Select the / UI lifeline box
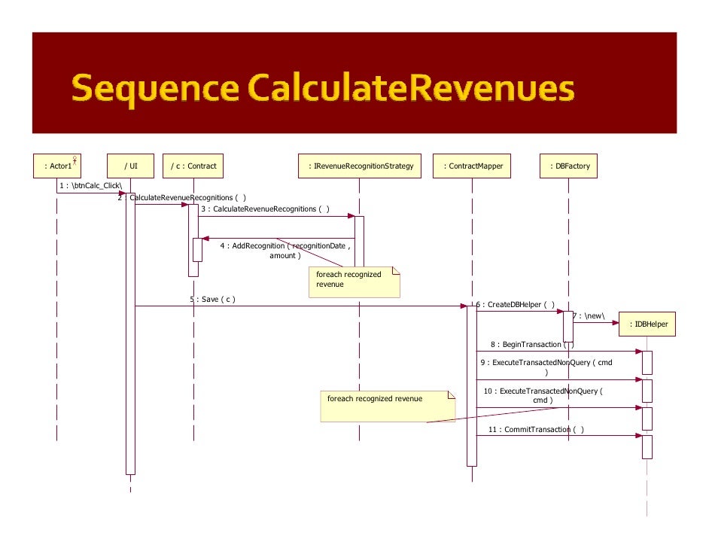pyautogui.click(x=130, y=166)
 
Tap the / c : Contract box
pyautogui.click(x=193, y=166)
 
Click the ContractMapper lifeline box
pyautogui.click(x=473, y=166)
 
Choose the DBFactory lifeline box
pyautogui.click(x=569, y=166)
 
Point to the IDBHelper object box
pyautogui.click(x=647, y=324)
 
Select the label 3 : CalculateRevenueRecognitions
pyautogui.click(x=264, y=209)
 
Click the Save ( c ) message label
pyautogui.click(x=213, y=299)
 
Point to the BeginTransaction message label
pyautogui.click(x=531, y=344)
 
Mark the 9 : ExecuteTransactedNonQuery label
pyautogui.click(x=546, y=363)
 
